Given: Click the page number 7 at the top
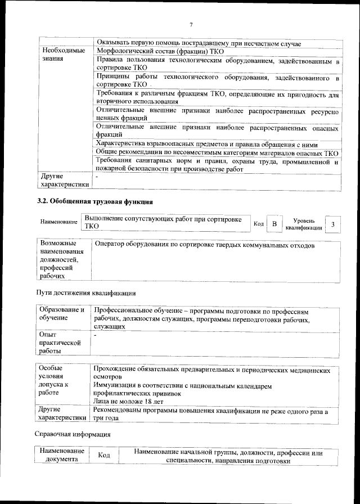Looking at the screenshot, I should (191, 24).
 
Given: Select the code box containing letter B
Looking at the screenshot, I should (274, 224).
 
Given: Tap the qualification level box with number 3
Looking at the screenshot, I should (333, 224).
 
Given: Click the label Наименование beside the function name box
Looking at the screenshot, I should (58, 223).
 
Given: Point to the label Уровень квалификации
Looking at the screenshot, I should (304, 224).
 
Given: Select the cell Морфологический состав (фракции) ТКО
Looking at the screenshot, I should (160, 52).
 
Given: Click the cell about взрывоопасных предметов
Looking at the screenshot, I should (207, 145).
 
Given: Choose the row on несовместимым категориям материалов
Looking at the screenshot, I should (217, 153).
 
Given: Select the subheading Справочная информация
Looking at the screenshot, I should (73, 434).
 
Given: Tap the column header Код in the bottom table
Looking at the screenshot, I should (103, 456).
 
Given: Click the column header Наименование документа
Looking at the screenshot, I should (61, 456).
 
